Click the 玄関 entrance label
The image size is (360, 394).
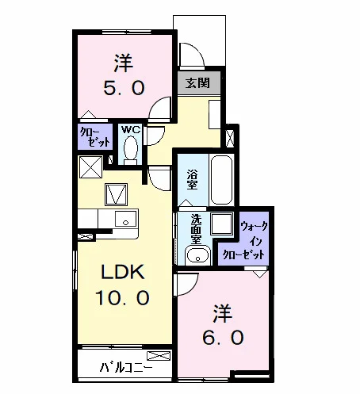[x=197, y=83]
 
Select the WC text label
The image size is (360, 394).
[x=130, y=129]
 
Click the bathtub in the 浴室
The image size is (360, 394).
[x=222, y=180]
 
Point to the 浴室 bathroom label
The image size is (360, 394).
[x=192, y=179]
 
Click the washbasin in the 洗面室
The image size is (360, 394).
[x=197, y=254]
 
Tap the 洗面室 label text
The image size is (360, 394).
[x=197, y=229]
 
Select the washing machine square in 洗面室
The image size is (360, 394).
[x=222, y=224]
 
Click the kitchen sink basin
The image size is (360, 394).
[x=126, y=219]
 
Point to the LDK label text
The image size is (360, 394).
[x=123, y=272]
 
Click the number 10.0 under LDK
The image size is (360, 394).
[x=122, y=297]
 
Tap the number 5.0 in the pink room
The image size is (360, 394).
[x=124, y=88]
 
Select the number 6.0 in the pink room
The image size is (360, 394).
[x=223, y=338]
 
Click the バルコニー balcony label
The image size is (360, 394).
[x=126, y=367]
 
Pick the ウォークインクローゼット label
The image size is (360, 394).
[x=243, y=240]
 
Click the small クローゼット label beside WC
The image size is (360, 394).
[x=95, y=137]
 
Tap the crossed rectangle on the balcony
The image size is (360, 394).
[x=158, y=356]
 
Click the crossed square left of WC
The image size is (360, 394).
[x=90, y=167]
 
